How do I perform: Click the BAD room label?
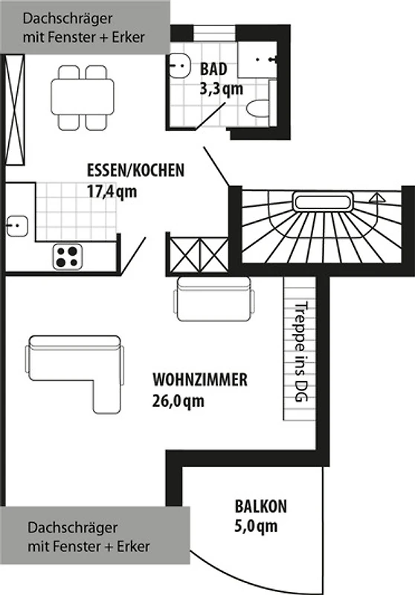[213, 69]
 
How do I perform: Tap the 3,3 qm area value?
[221, 89]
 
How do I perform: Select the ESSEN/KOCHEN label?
[136, 170]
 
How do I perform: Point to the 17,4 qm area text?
[112, 192]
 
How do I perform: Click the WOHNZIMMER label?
[200, 380]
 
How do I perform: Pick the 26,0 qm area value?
[178, 401]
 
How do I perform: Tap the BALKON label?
[261, 506]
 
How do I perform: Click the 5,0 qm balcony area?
[256, 527]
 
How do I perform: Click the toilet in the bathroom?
[259, 109]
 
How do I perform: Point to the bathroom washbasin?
[179, 66]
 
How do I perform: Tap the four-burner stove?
[68, 257]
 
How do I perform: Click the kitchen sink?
[16, 226]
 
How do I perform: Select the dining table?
[83, 98]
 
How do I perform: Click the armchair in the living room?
[214, 299]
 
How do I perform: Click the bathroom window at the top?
[216, 32]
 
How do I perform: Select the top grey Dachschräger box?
[85, 27]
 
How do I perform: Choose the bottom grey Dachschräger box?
[95, 535]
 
